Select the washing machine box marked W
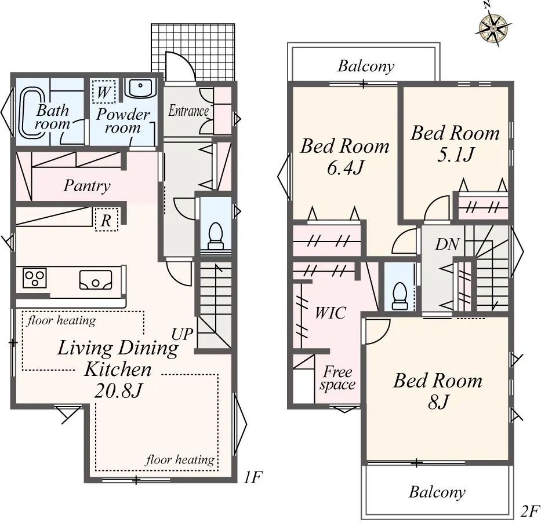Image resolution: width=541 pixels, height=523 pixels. pyautogui.click(x=104, y=92)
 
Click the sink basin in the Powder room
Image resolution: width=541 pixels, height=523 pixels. pyautogui.click(x=140, y=88)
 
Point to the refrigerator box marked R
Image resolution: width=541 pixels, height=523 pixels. pyautogui.click(x=106, y=220)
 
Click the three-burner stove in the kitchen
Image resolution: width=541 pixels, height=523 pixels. pyautogui.click(x=35, y=278)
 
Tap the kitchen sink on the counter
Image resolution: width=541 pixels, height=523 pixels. pyautogui.click(x=96, y=280)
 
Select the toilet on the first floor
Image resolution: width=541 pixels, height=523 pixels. pyautogui.click(x=215, y=236)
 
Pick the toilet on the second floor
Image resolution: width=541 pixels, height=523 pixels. pyautogui.click(x=400, y=295)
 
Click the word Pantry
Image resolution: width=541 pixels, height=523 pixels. pyautogui.click(x=87, y=186)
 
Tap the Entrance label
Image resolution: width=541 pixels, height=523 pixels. pyautogui.click(x=188, y=111)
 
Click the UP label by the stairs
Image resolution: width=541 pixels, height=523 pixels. pyautogui.click(x=183, y=334)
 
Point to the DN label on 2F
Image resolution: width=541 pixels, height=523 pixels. pyautogui.click(x=448, y=244)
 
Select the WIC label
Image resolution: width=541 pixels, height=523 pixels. pyautogui.click(x=330, y=313)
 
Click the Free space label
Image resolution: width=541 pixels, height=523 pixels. pyautogui.click(x=337, y=378)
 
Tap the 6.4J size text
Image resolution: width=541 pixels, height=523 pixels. pyautogui.click(x=344, y=169)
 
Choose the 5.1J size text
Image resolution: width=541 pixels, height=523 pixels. pyautogui.click(x=455, y=155)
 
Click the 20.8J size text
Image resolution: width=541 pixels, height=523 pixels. pyautogui.click(x=118, y=390)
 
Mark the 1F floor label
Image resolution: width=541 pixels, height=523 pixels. pyautogui.click(x=253, y=477)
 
